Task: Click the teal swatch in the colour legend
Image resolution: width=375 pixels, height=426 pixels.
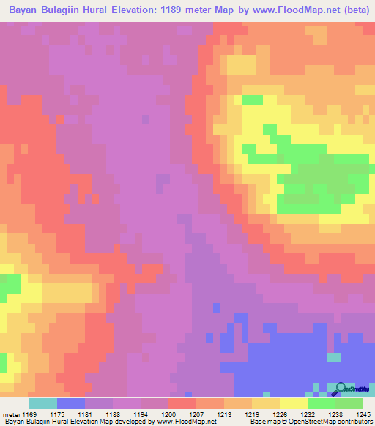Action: pos(43,403)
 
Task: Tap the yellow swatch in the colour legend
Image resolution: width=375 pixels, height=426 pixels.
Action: pos(294,403)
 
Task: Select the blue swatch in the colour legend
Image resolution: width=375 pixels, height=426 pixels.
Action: pos(71,403)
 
